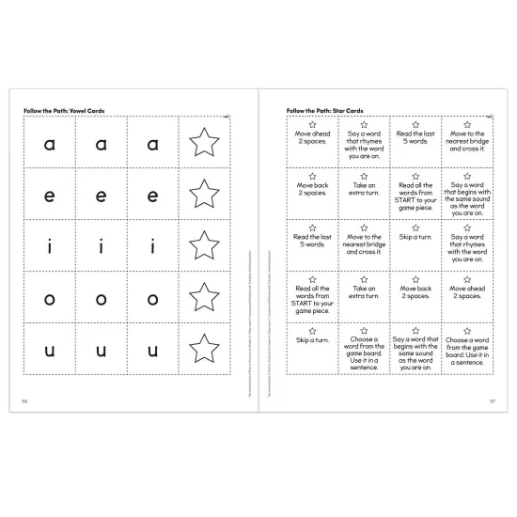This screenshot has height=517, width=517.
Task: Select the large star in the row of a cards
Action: [x=204, y=143]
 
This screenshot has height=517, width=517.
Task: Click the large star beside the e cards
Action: [x=204, y=195]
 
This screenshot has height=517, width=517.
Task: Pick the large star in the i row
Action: [x=204, y=246]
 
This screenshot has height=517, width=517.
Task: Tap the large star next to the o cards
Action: [x=204, y=298]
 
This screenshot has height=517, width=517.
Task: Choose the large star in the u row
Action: [x=204, y=350]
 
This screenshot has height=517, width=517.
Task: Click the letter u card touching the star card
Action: [x=152, y=350]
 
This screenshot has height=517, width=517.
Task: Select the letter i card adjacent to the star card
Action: [x=152, y=246]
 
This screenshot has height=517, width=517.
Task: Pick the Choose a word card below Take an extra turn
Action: [x=363, y=350]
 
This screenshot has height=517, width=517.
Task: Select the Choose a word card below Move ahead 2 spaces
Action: [x=467, y=350]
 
